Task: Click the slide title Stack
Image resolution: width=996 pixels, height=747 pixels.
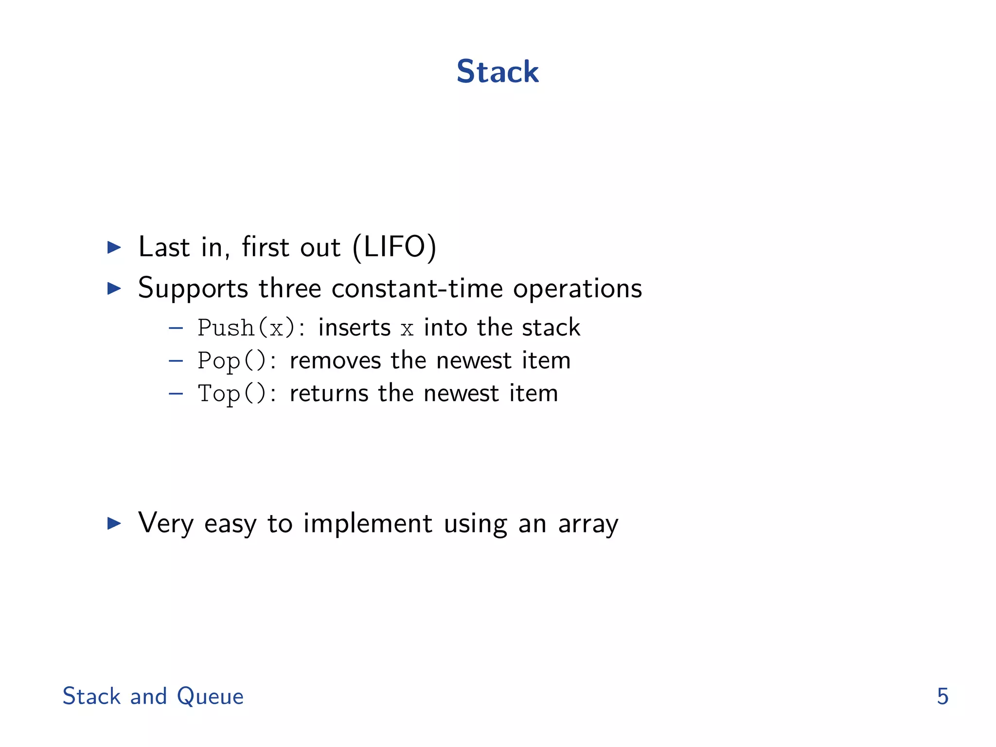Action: click(498, 71)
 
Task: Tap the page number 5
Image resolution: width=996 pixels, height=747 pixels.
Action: click(943, 696)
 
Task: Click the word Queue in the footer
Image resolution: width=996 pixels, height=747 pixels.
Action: click(210, 696)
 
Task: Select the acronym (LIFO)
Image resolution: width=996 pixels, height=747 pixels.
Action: click(394, 247)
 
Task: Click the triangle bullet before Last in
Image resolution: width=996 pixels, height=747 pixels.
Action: click(114, 247)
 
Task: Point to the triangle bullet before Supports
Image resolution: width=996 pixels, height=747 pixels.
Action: click(114, 288)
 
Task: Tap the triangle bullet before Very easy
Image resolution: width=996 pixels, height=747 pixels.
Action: click(114, 523)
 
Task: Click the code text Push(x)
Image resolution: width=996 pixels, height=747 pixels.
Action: click(246, 328)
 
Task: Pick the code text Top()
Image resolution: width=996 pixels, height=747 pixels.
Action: click(231, 394)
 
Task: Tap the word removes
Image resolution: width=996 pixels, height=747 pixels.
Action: click(335, 361)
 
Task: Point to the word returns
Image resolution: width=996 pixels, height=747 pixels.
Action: click(329, 393)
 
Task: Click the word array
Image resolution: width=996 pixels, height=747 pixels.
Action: click(588, 524)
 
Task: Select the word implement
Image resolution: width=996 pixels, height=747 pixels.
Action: click(368, 524)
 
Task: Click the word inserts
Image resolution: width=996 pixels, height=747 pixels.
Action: click(354, 327)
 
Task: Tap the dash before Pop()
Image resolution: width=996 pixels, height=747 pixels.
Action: click(176, 361)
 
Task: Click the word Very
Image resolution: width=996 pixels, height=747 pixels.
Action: click(166, 524)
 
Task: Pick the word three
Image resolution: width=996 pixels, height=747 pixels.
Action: click(290, 288)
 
